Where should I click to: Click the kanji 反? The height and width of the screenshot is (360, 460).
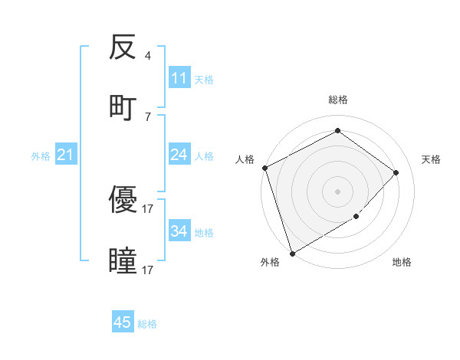[123, 48]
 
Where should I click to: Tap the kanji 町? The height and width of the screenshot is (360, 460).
[123, 106]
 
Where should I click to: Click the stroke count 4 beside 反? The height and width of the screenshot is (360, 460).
[147, 56]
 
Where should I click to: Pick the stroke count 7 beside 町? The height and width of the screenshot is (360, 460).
[147, 116]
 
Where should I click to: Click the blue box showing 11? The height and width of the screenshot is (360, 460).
[179, 78]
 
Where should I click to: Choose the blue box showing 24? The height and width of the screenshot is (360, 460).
[179, 155]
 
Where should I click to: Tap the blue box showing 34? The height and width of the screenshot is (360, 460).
[179, 231]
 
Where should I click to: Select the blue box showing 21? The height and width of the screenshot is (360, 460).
[66, 155]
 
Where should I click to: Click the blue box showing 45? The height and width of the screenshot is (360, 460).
[123, 322]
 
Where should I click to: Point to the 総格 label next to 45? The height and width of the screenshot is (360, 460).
[147, 324]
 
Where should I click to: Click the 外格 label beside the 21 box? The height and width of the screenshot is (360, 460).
[41, 156]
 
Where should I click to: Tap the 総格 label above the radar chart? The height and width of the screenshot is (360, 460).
[337, 100]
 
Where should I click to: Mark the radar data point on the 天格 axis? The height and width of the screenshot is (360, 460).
[396, 172]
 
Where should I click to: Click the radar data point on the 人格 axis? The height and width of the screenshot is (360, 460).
[264, 168]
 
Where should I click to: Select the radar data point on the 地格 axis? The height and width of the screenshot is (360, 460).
[356, 217]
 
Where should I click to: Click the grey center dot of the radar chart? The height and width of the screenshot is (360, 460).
[337, 191]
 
